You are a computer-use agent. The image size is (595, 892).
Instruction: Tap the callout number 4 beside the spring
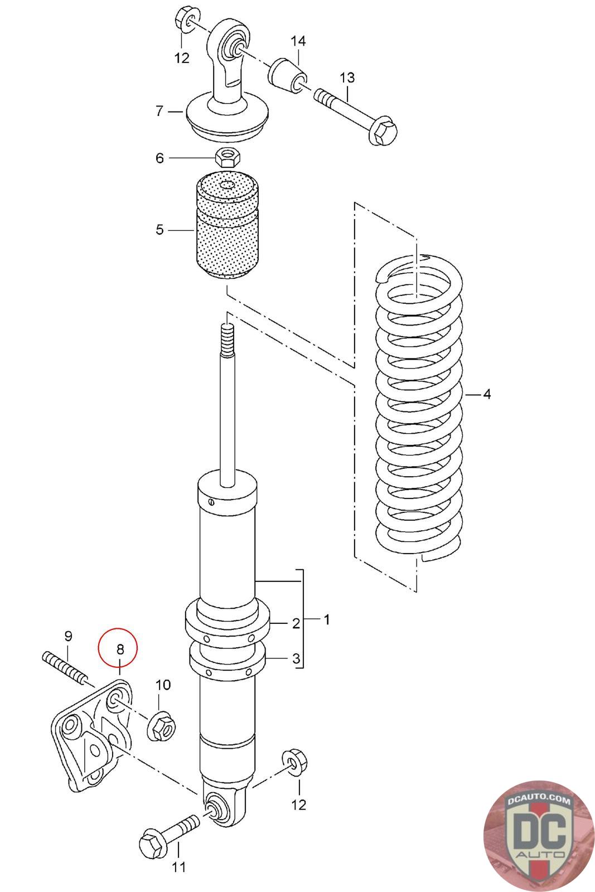[487, 395]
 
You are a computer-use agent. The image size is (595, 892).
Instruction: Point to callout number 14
[298, 42]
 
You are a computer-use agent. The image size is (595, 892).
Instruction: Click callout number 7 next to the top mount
[159, 111]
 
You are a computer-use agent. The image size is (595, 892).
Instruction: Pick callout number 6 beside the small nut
[159, 158]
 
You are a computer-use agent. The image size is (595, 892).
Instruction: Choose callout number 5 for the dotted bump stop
[159, 230]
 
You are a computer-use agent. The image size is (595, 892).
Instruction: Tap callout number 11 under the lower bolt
[178, 867]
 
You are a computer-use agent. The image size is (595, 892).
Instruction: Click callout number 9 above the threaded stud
[68, 636]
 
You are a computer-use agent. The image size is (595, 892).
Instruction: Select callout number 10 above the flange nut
[162, 685]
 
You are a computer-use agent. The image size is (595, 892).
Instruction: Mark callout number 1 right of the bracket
[327, 619]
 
